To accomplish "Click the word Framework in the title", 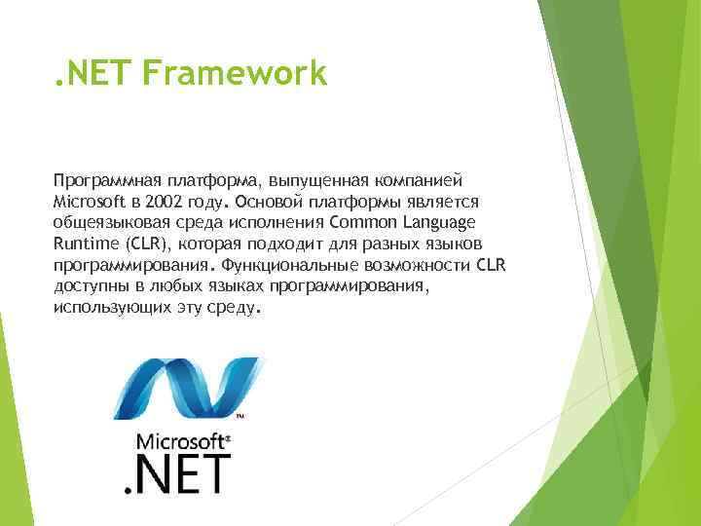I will [235, 74].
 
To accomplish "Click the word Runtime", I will [85, 243].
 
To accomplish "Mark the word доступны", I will [90, 285].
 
